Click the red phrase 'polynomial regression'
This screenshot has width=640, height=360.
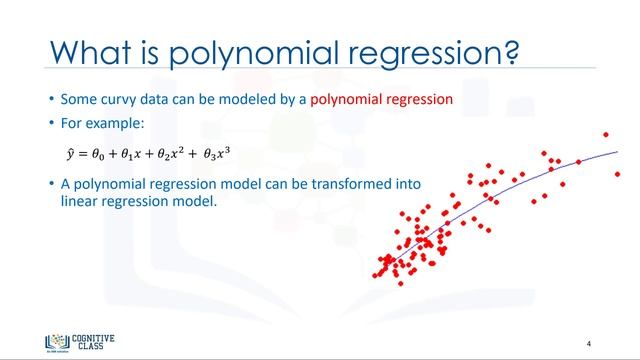(382, 100)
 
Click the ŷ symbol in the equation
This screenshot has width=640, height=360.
(69, 154)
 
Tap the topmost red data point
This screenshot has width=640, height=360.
(605, 134)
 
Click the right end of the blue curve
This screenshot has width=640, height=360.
(617, 151)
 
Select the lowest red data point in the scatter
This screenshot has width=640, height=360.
(401, 283)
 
